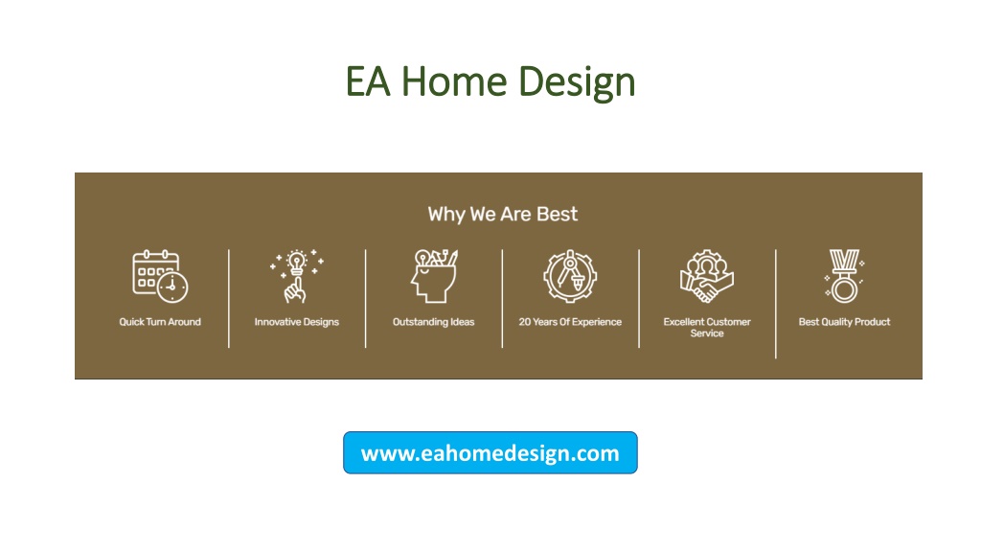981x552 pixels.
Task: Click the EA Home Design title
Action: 490,82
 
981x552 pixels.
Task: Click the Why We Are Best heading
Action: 502,214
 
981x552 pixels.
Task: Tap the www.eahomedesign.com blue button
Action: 490,452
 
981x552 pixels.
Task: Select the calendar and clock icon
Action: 160,276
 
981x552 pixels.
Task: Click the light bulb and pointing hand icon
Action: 297,276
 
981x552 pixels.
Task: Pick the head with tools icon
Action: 434,276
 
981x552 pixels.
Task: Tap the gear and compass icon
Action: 570,276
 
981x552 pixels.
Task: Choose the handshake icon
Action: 707,276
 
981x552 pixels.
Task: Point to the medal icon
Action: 844,276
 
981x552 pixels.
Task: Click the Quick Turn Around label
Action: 160,322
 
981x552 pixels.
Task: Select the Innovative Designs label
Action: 297,322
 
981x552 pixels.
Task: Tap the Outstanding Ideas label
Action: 434,322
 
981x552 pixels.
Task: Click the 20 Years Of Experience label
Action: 570,322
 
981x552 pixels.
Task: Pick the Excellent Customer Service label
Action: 707,328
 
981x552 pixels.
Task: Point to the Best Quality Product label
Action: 844,322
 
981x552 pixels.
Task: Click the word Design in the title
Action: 577,83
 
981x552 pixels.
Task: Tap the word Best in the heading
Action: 557,214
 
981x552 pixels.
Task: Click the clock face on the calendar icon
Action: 172,287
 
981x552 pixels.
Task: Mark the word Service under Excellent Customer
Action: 707,333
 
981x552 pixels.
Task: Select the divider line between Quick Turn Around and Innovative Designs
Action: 229,299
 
